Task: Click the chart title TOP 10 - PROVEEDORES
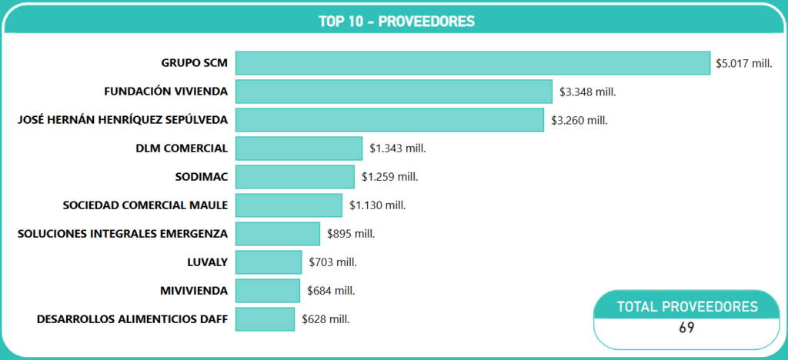tap(396, 21)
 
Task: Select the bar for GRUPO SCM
tap(472, 63)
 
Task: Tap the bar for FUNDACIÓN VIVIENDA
tap(393, 92)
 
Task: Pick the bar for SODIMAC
tap(295, 177)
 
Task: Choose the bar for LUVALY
tap(269, 262)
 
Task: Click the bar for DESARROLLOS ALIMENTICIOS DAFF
tap(265, 319)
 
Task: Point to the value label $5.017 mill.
tap(743, 63)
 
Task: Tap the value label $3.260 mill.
tap(579, 120)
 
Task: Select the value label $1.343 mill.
tap(398, 148)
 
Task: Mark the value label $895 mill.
tap(351, 234)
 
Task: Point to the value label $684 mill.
tap(331, 291)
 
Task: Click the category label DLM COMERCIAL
tap(181, 148)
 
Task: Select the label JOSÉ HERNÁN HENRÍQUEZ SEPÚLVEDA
tap(122, 120)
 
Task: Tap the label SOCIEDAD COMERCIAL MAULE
tap(145, 205)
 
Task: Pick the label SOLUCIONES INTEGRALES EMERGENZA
tap(122, 234)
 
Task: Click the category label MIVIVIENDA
tap(194, 291)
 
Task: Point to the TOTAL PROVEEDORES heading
tap(687, 307)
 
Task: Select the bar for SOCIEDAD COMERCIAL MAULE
tap(289, 205)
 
